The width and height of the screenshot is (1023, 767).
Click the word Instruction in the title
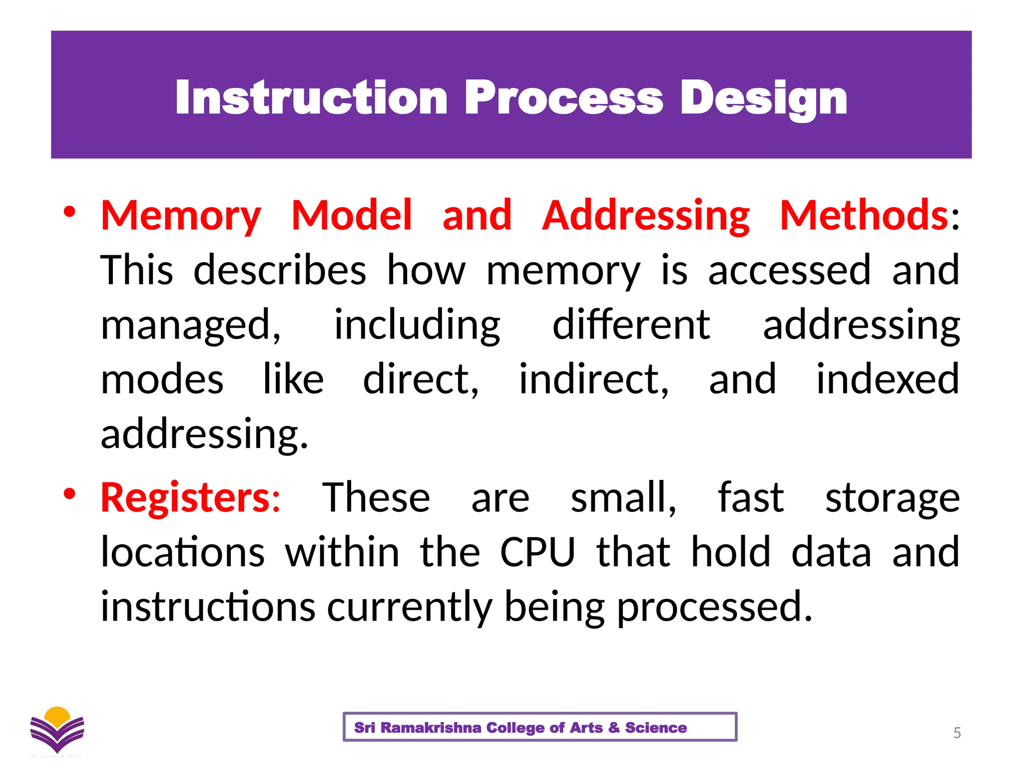[311, 98]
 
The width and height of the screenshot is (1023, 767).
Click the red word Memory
[181, 216]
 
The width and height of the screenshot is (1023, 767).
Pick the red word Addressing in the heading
[646, 216]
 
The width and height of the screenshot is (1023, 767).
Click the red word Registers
[185, 498]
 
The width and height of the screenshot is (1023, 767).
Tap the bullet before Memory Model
[69, 212]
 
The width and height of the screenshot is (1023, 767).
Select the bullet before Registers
[69, 494]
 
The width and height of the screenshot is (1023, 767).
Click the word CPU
[537, 552]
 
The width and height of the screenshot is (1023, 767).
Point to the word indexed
[888, 380]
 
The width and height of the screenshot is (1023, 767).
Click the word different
[631, 325]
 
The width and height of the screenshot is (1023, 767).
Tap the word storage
[892, 498]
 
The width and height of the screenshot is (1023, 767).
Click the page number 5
[957, 733]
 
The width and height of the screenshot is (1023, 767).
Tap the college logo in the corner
[57, 730]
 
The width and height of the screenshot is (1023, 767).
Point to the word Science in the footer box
[656, 728]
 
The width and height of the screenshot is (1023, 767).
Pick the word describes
[280, 270]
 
